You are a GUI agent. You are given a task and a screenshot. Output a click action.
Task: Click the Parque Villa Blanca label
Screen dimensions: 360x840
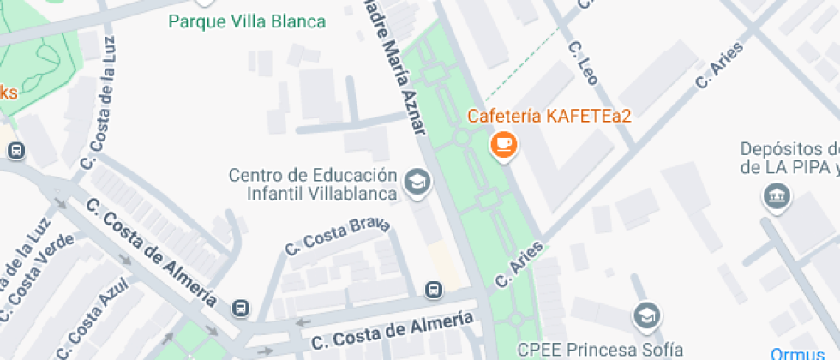tap(247, 21)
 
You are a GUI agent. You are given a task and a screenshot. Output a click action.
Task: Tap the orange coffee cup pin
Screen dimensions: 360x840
tap(503, 143)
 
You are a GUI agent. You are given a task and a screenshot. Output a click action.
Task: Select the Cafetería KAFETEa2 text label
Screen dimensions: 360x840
tap(549, 116)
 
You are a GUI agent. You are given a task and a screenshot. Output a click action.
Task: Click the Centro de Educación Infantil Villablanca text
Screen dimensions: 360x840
tap(313, 184)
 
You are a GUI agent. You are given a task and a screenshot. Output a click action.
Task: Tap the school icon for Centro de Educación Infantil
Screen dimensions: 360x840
tap(417, 183)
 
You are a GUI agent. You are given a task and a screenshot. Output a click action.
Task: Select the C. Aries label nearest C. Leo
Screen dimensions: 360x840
tap(718, 68)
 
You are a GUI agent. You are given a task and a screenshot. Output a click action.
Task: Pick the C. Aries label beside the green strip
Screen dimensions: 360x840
tap(519, 263)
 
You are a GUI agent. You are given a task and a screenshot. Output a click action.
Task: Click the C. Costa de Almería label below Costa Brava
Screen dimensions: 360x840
tap(392, 331)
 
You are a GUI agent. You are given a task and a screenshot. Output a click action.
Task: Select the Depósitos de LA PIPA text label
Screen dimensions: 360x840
tap(789, 158)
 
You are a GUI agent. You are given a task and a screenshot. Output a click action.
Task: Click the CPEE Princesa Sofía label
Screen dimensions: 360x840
tap(600, 350)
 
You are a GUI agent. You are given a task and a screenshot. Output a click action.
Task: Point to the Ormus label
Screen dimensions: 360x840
tap(797, 353)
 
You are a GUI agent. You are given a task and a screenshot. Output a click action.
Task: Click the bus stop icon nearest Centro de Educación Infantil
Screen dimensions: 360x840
tap(435, 290)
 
